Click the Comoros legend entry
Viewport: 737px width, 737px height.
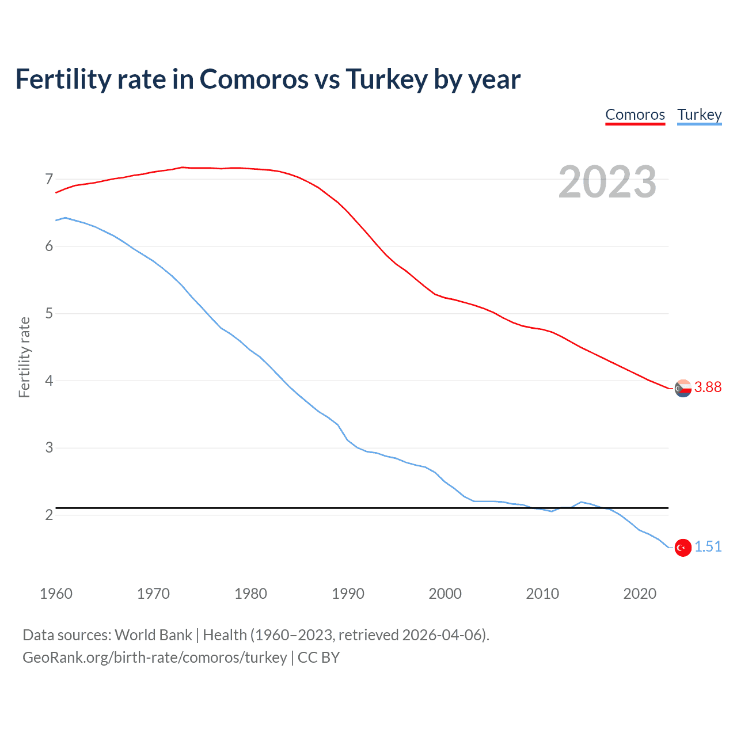(x=635, y=115)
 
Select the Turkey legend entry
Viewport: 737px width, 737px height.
(x=699, y=115)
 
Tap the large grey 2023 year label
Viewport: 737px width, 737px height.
(x=607, y=182)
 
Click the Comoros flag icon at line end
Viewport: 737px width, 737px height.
(x=683, y=388)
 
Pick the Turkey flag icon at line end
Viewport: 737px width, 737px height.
(x=683, y=548)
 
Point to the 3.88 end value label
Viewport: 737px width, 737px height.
(x=708, y=388)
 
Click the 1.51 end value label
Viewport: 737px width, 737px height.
(x=708, y=547)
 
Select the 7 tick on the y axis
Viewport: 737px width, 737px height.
(x=49, y=180)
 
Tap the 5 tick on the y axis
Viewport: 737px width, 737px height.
(x=49, y=314)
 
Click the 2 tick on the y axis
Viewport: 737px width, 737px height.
(x=49, y=515)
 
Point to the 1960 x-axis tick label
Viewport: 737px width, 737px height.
(x=56, y=594)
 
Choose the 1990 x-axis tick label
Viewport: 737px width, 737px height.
(x=348, y=594)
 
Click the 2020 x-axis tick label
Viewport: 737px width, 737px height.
(x=640, y=594)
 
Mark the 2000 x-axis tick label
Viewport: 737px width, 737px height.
(x=445, y=594)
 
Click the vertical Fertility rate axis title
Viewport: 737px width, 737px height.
(x=24, y=357)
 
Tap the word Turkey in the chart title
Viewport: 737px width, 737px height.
(x=386, y=79)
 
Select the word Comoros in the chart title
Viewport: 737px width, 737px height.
(x=254, y=79)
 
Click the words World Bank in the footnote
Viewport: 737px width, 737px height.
(x=153, y=635)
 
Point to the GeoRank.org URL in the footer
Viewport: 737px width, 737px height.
(x=154, y=658)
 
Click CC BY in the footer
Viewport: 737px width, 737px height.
(x=318, y=658)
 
